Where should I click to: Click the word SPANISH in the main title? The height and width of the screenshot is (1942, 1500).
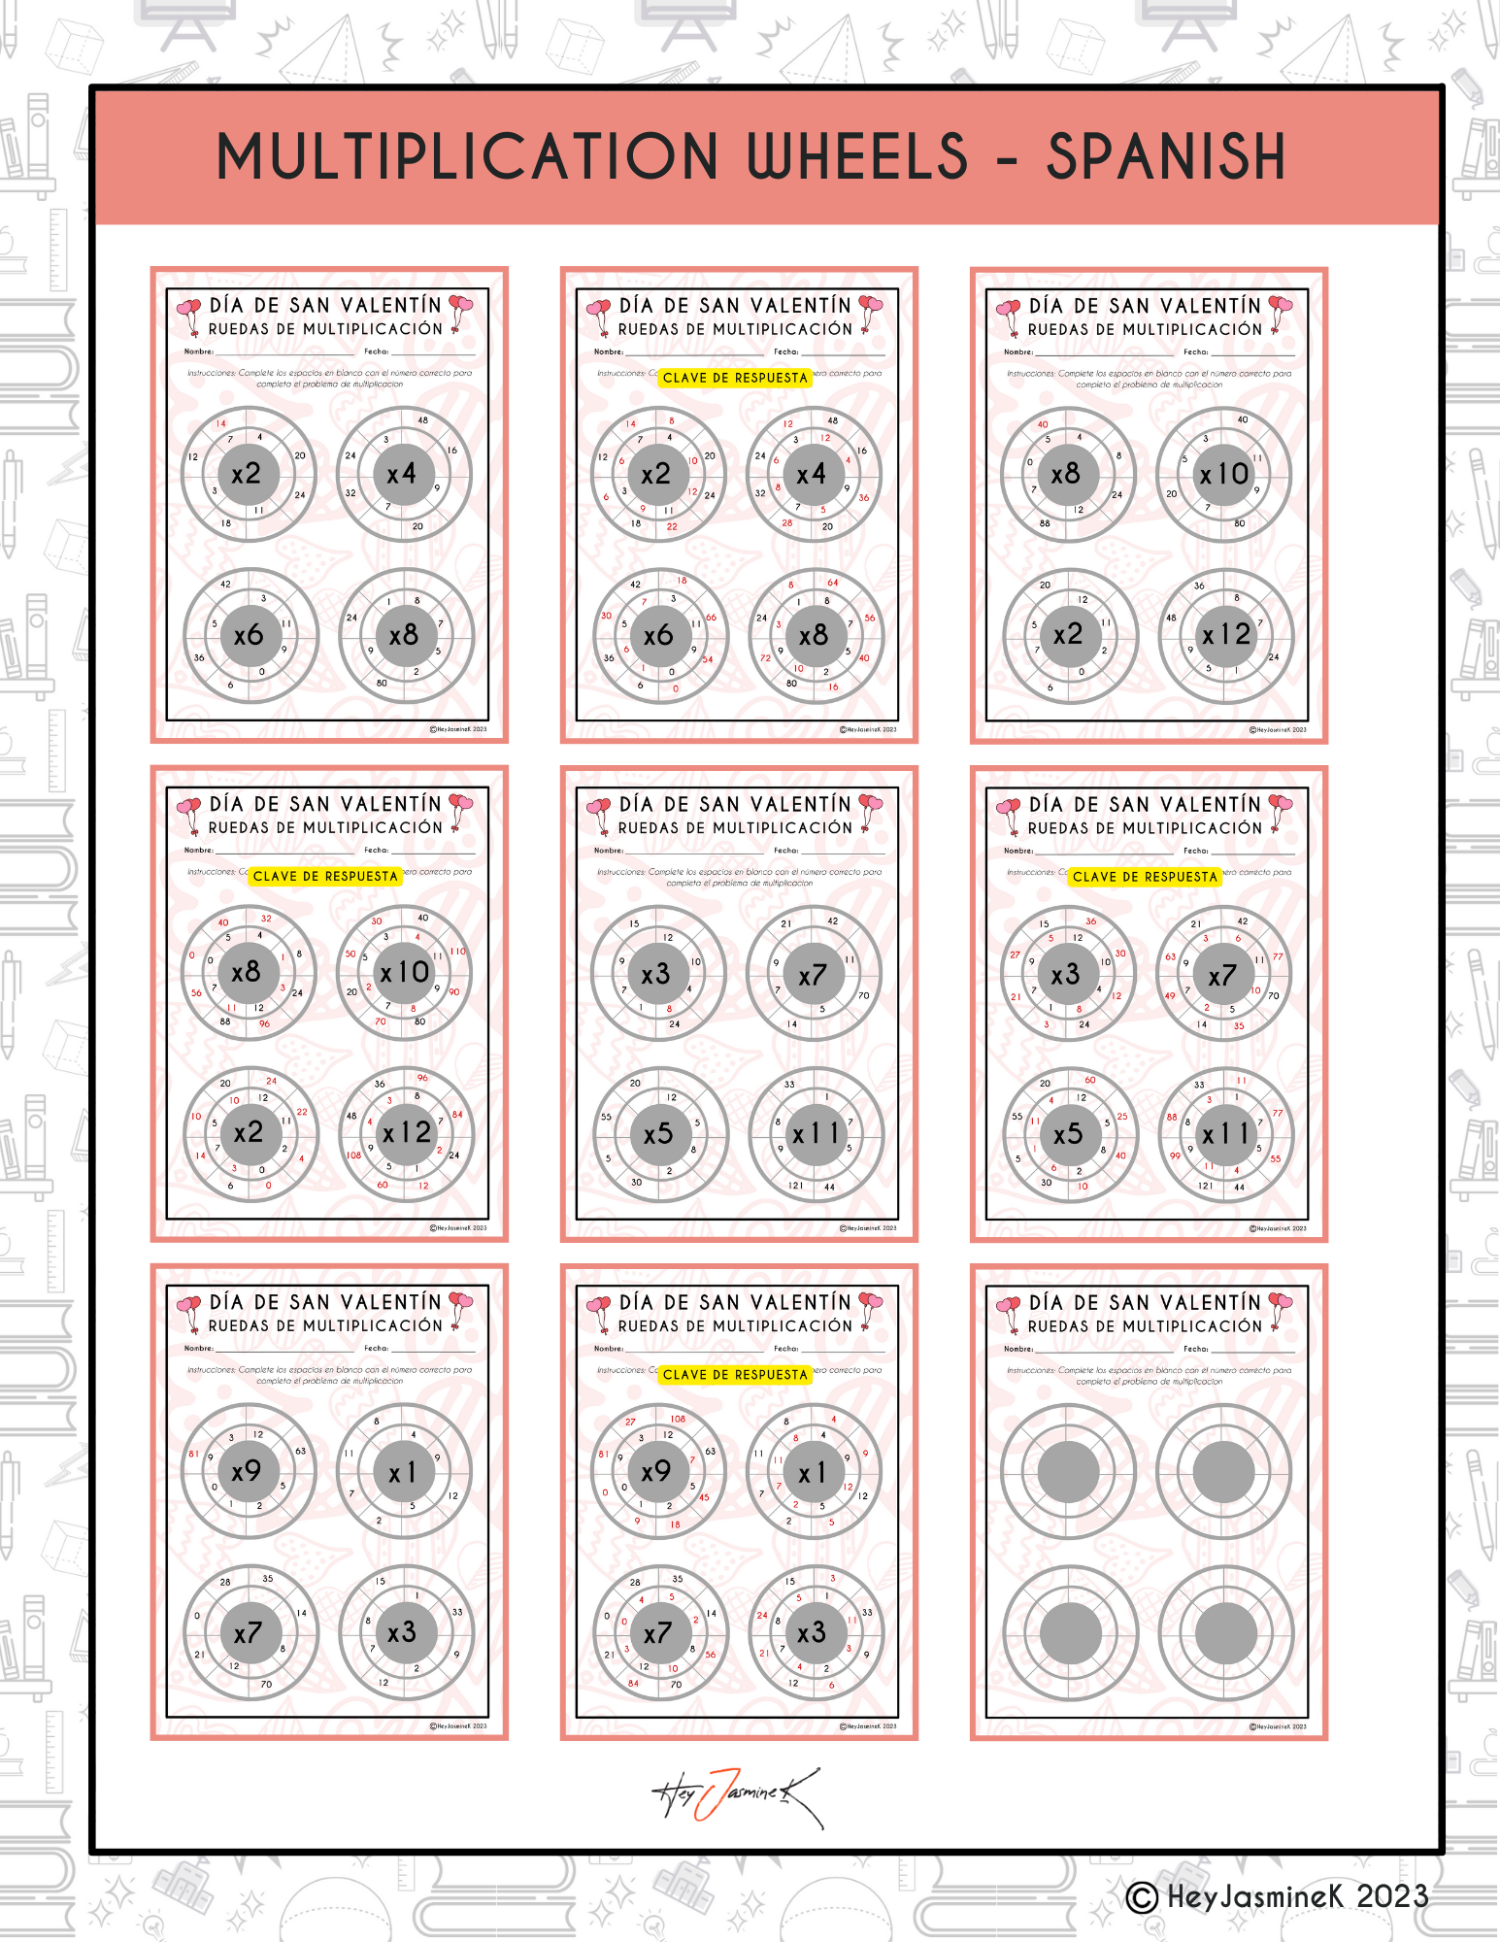pyautogui.click(x=1165, y=157)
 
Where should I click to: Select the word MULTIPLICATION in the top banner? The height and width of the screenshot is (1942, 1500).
pyautogui.click(x=467, y=157)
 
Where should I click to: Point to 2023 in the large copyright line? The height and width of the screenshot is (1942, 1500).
pyautogui.click(x=1391, y=1896)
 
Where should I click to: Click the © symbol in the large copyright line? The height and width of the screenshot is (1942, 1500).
pyautogui.click(x=1142, y=1897)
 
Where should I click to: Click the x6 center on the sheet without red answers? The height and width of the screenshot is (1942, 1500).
pyautogui.click(x=249, y=635)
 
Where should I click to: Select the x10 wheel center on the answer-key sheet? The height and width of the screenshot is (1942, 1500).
pyautogui.click(x=405, y=972)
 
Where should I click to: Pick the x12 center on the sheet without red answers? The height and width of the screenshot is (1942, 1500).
pyautogui.click(x=1226, y=635)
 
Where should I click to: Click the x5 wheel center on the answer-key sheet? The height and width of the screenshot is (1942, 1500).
pyautogui.click(x=1068, y=1133)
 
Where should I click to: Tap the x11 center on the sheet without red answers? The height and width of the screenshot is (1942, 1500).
pyautogui.click(x=816, y=1133)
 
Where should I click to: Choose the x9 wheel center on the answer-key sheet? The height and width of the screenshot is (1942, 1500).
pyautogui.click(x=656, y=1471)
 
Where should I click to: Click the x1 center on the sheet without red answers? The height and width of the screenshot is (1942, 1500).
pyautogui.click(x=402, y=1473)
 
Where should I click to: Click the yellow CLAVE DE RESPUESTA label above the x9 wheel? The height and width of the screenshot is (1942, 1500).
pyautogui.click(x=735, y=1375)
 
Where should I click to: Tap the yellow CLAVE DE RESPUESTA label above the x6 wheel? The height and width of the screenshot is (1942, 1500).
pyautogui.click(x=735, y=378)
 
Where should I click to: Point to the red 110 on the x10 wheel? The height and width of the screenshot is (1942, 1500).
pyautogui.click(x=457, y=952)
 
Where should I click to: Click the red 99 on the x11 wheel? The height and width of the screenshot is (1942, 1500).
pyautogui.click(x=1175, y=1155)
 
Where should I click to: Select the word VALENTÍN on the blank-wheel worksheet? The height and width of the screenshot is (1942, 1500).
pyautogui.click(x=1211, y=1303)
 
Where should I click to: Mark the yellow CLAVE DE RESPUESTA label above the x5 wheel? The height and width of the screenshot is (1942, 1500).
pyautogui.click(x=1145, y=877)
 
